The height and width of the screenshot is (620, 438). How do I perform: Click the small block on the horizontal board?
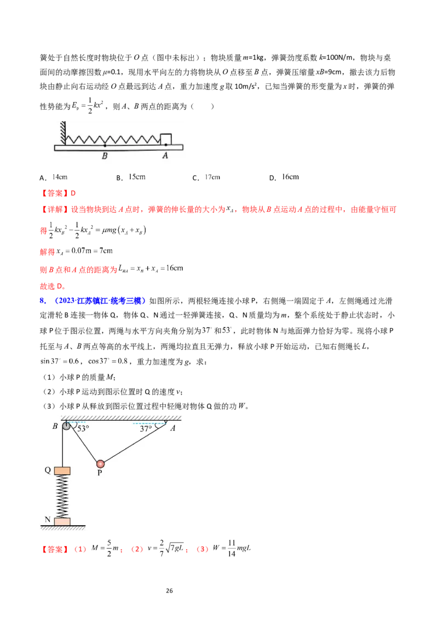166,139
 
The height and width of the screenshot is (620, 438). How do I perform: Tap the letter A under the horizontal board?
165,155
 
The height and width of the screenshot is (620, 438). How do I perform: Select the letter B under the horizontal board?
105,155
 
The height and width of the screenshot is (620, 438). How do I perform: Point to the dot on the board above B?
105,145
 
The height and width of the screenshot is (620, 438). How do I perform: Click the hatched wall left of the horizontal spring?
64,131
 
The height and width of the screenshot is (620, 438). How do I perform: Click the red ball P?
100,463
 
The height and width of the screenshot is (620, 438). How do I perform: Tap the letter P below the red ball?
100,473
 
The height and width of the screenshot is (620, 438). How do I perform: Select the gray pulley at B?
66,426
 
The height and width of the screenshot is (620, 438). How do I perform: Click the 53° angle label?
83,429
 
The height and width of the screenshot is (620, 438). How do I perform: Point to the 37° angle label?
146,429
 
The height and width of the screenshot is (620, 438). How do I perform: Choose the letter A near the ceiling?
172,428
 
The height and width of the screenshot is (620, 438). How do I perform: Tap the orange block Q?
62,470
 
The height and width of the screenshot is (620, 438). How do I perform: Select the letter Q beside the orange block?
48,470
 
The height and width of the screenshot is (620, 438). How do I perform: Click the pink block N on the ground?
62,521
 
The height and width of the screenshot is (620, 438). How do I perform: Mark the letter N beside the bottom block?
48,520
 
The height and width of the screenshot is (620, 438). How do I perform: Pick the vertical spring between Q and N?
62,496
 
